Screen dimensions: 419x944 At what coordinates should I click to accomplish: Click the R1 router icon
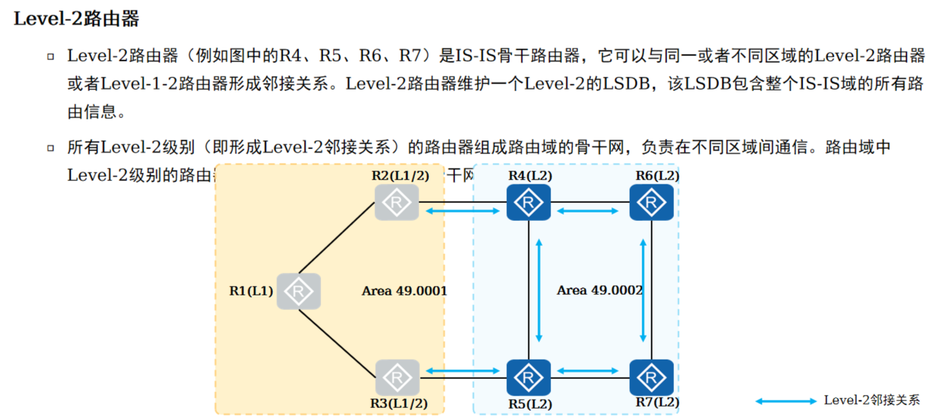coord(299,291)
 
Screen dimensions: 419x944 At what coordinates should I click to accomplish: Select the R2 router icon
coord(397,202)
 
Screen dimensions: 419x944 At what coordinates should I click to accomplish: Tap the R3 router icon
coord(397,377)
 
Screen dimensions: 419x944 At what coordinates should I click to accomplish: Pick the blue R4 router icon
coord(528,202)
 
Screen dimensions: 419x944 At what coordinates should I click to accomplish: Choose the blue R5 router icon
coord(528,377)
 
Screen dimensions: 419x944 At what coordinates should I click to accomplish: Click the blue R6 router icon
coord(651,202)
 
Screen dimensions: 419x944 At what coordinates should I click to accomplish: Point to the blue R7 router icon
coord(651,377)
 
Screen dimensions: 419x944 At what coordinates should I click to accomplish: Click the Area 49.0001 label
coord(404,291)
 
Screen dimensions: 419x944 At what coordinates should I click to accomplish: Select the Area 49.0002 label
coord(599,291)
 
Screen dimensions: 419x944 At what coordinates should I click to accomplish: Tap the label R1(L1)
coord(251,291)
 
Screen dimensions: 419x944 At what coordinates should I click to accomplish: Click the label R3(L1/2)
coord(400,403)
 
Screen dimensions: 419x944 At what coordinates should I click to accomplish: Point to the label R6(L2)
coord(657,175)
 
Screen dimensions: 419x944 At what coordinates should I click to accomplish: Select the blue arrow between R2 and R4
coord(463,211)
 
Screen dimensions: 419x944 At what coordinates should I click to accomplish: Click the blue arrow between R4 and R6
coord(588,211)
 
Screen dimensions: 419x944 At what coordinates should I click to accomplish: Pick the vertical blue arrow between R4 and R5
coord(539,290)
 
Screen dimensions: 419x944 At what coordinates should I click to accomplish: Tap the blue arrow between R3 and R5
coord(463,371)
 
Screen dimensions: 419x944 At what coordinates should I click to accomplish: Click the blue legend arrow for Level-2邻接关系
coord(786,401)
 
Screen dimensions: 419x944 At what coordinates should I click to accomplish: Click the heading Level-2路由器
coord(77,19)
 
